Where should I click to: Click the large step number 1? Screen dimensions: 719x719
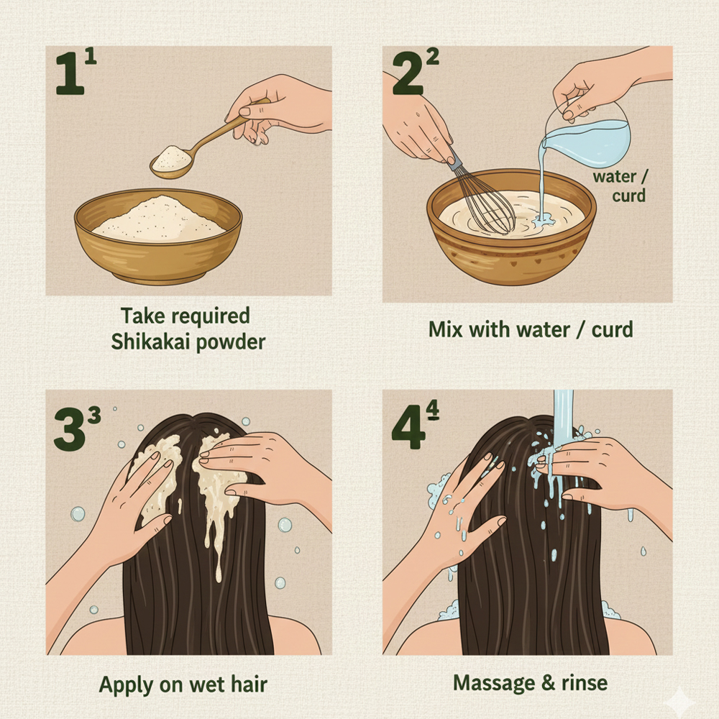tap(70, 73)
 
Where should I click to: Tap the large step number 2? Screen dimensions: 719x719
tap(408, 73)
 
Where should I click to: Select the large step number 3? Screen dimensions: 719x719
tap(70, 429)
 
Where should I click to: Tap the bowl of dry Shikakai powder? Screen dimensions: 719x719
tap(158, 236)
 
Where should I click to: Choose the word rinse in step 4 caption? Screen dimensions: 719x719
tap(585, 683)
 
